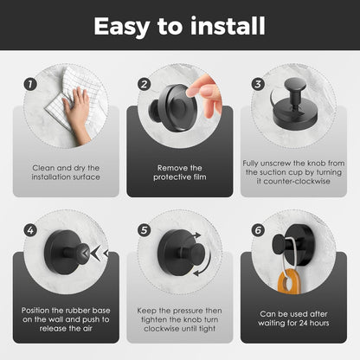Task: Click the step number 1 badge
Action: click(30, 84)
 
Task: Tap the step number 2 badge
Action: click(144, 84)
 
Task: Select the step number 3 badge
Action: click(258, 84)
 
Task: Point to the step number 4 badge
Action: click(30, 230)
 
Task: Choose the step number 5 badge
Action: click(144, 230)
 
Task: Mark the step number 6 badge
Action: click(258, 230)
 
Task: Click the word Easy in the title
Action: click(121, 27)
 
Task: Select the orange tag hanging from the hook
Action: click(289, 280)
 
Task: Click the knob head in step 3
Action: click(295, 85)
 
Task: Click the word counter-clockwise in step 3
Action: click(293, 182)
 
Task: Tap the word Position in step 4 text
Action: click(35, 311)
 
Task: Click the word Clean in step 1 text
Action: click(43, 168)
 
